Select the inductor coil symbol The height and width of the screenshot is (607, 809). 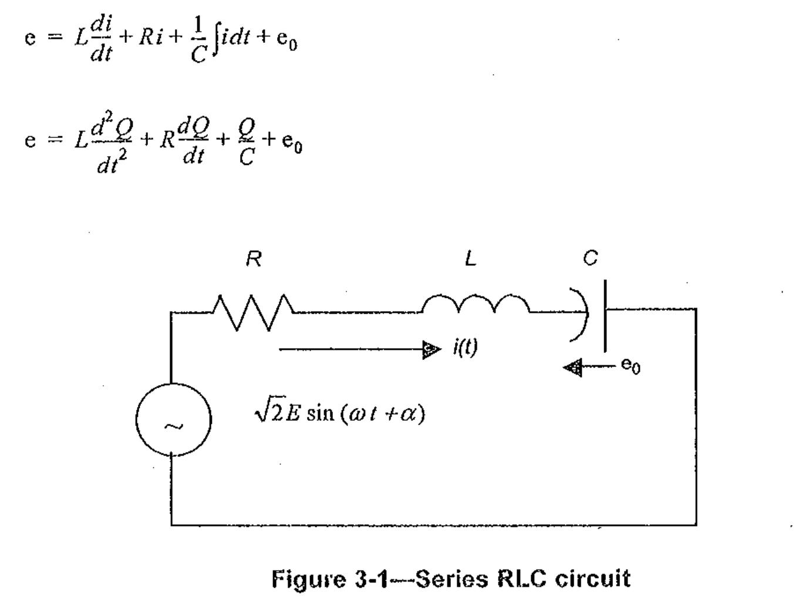point(476,305)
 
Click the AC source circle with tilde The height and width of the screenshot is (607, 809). point(173,420)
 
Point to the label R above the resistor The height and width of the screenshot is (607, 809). point(254,258)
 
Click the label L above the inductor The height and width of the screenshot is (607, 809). point(470,258)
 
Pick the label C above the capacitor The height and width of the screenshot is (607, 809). point(591,258)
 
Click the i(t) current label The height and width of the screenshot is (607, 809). point(465,347)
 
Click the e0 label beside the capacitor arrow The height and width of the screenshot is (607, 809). point(631,366)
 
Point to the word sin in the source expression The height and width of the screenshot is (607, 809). point(320,413)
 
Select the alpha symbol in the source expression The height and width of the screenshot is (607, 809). point(409,414)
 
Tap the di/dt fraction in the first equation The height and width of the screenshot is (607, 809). point(101,39)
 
